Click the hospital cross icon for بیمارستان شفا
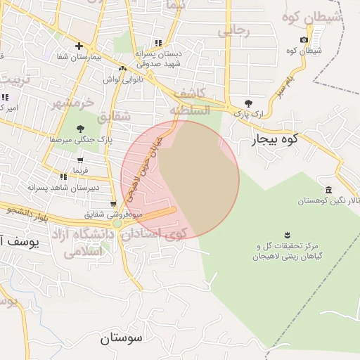(79, 46)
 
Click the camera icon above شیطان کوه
(304, 40)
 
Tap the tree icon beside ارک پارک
(248, 103)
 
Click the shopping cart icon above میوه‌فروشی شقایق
(113, 204)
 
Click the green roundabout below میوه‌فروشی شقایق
(117, 224)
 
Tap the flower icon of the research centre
(287, 235)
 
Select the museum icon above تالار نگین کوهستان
(329, 191)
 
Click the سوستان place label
(121, 337)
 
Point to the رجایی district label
(233, 30)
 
